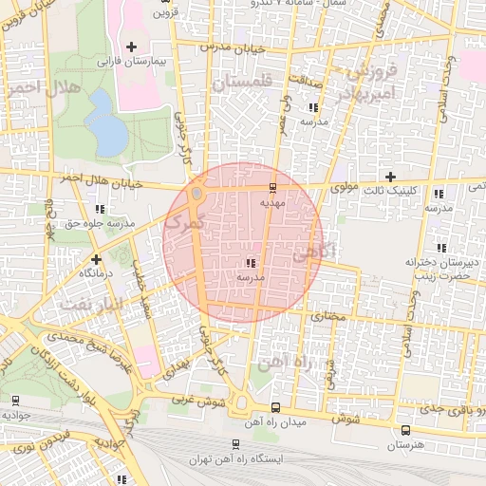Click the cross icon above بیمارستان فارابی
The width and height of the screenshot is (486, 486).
131,47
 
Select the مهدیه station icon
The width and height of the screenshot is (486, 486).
273,186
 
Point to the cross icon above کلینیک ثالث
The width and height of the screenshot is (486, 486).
390,177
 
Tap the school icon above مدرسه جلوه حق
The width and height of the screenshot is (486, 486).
100,209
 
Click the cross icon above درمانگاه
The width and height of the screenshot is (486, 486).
95,257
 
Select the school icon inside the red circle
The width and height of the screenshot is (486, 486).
250,262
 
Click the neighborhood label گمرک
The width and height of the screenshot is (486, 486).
183,223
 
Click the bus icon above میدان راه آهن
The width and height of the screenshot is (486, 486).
275,408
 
